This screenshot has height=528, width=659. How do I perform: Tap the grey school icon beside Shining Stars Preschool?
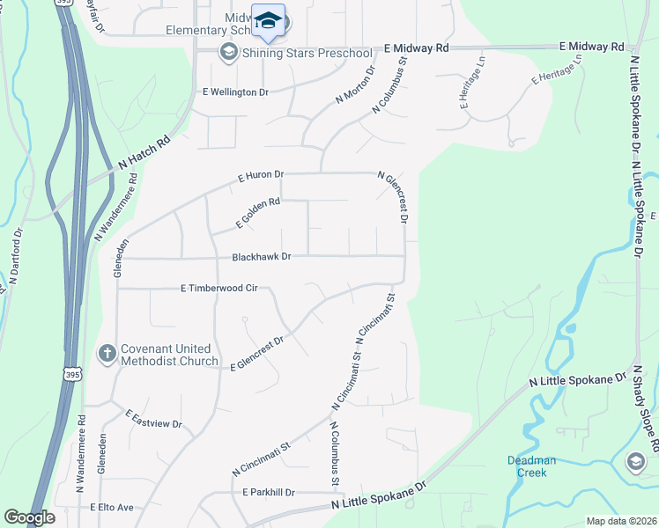pos(228,54)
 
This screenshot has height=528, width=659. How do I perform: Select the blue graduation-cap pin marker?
pos(268,21)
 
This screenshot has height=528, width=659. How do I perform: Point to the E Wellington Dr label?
pos(234,92)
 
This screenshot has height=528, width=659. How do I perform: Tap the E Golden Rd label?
pos(257,214)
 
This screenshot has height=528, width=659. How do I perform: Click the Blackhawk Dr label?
pos(261,257)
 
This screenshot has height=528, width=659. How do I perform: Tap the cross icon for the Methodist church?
pos(107,355)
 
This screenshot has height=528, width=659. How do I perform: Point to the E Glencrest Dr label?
pos(257,353)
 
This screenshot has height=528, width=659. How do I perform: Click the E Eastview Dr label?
pos(153,418)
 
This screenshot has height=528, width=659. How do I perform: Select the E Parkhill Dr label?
pos(263,492)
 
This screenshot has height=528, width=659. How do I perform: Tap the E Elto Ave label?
pos(111,508)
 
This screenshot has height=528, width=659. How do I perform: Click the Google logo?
pos(29,517)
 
